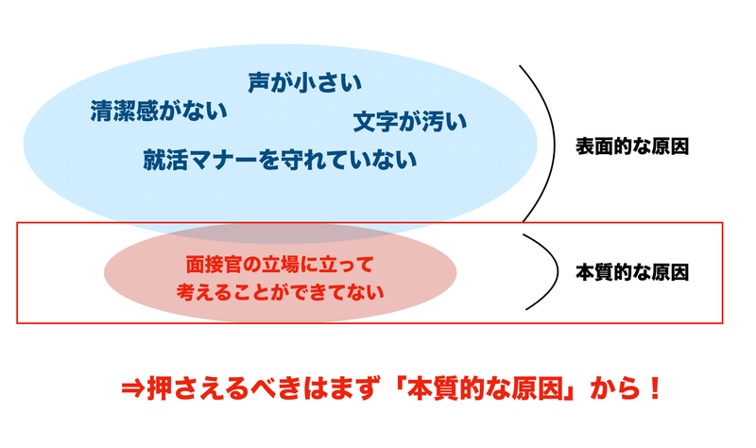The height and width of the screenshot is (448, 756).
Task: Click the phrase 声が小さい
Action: click(x=305, y=83)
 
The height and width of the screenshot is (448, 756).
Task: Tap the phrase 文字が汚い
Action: click(x=410, y=123)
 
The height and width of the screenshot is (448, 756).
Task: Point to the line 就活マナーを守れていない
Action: click(x=280, y=159)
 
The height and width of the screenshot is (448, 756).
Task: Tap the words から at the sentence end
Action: click(x=611, y=388)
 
